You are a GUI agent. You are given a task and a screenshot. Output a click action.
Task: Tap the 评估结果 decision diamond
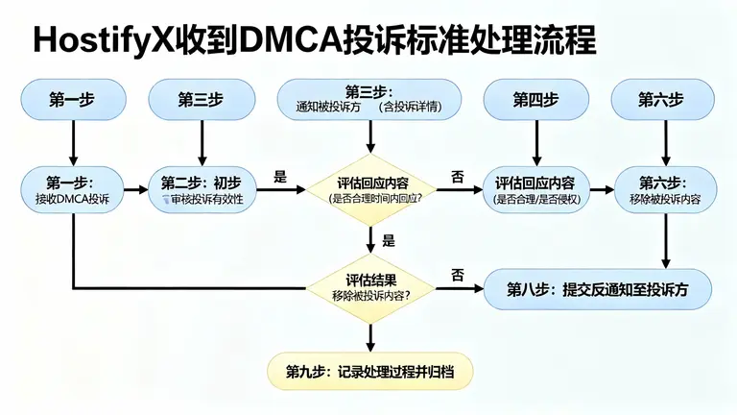tap(368, 286)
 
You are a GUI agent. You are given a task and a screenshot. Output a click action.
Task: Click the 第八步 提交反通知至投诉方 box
tap(597, 287)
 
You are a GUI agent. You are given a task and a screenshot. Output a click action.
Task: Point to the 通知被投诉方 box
tap(368, 99)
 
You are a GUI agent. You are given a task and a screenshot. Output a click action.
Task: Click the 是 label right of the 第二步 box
tap(280, 177)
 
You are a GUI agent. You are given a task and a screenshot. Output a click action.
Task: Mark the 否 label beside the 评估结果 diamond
tap(458, 275)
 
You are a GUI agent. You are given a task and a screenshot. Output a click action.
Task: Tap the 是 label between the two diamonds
tap(389, 241)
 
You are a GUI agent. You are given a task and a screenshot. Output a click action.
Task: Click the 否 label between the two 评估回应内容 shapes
tap(458, 177)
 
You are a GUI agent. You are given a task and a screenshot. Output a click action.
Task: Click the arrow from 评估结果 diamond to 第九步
tap(368, 335)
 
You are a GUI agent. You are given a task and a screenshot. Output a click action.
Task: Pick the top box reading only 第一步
tap(73, 99)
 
